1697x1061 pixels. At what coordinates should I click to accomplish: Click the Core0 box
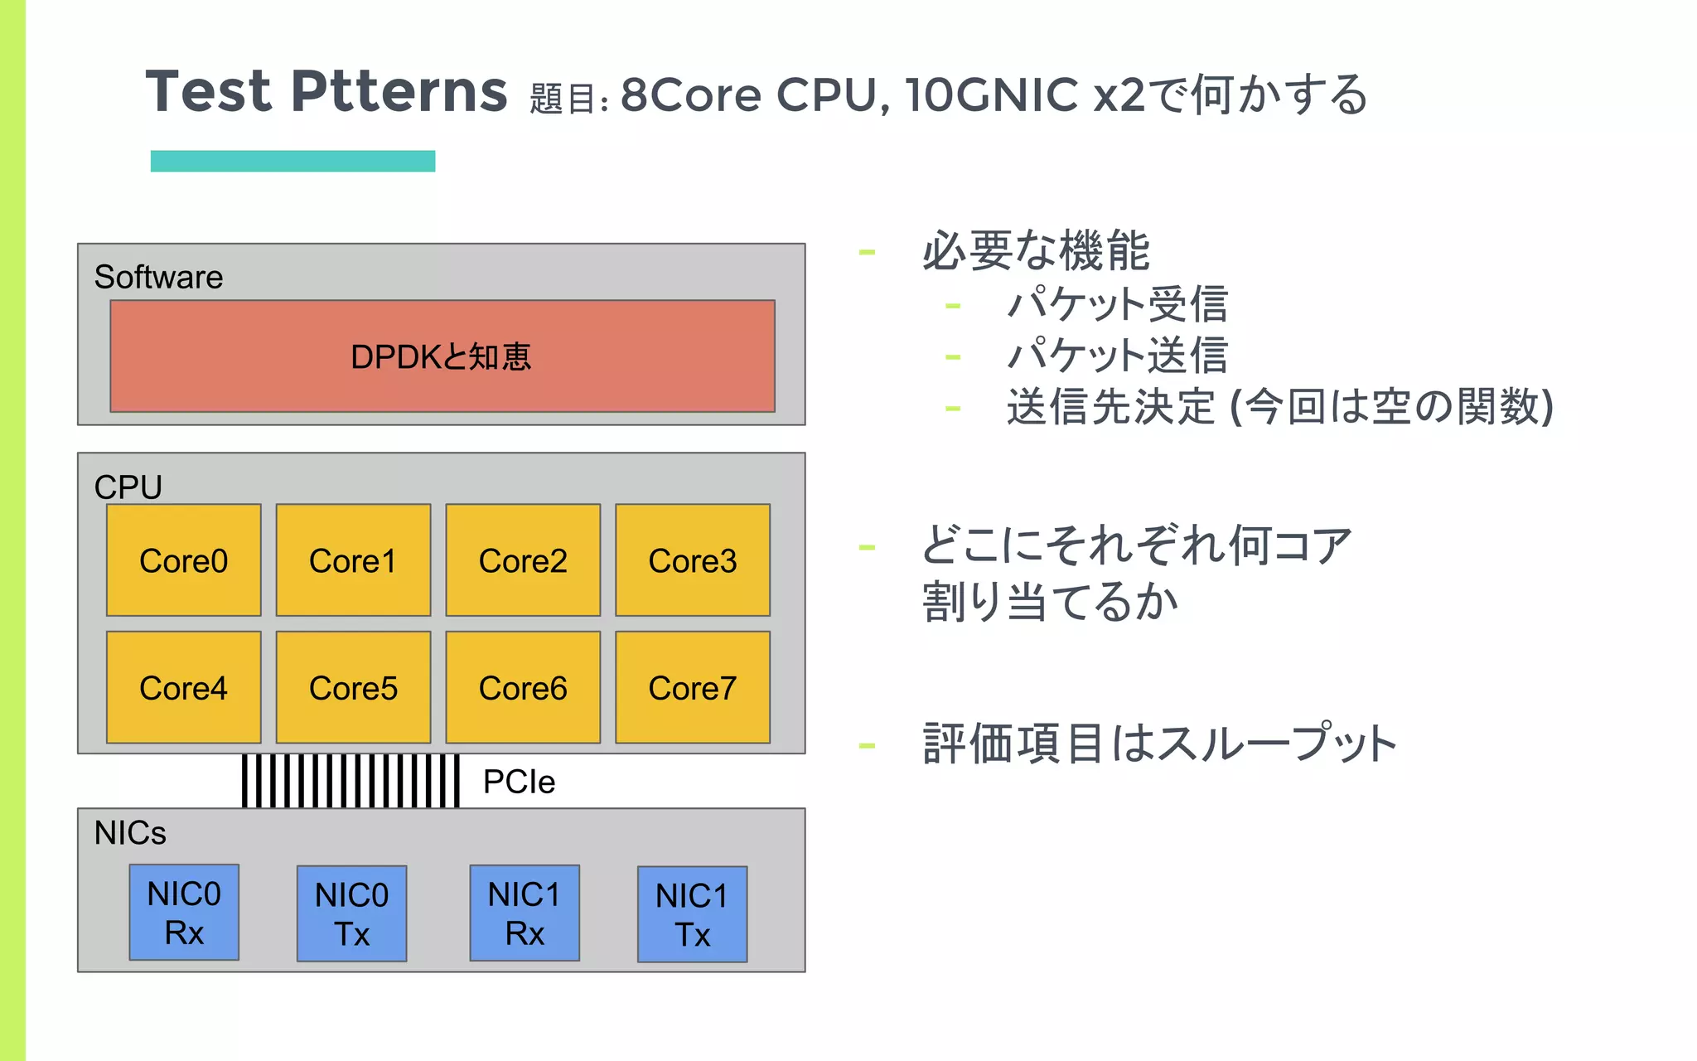click(183, 560)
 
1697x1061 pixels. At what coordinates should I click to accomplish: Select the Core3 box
click(692, 560)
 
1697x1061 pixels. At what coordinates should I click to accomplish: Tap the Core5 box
click(353, 687)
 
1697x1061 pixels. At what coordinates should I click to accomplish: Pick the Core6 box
click(523, 687)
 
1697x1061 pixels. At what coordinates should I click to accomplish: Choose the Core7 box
click(692, 687)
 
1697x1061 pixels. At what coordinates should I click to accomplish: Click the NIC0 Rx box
click(184, 913)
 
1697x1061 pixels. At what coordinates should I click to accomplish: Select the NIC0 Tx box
click(351, 913)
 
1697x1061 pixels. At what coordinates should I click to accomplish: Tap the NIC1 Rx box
click(525, 913)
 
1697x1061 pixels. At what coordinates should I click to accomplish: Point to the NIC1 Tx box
click(692, 914)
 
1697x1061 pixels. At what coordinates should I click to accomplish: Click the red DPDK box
click(442, 356)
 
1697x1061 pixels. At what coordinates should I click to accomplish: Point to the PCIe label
click(519, 782)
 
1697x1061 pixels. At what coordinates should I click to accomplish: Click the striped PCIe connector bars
click(351, 781)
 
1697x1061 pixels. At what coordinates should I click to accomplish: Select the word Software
click(158, 277)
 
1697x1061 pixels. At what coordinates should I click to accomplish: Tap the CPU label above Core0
click(128, 487)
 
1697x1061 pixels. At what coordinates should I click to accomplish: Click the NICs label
click(130, 832)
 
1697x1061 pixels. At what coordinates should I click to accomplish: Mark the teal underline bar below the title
click(293, 161)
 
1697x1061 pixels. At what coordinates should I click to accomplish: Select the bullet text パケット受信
click(1117, 304)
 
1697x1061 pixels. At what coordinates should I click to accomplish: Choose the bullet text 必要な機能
click(1036, 250)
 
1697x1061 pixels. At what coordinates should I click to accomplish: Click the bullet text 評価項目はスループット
click(1159, 744)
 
